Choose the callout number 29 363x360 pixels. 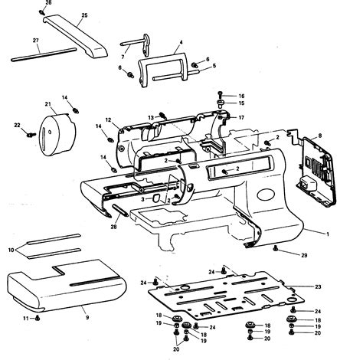304,254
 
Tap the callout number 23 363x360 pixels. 319,286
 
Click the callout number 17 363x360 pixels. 241,117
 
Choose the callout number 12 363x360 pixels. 109,119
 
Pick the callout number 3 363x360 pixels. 143,199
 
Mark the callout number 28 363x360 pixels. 113,227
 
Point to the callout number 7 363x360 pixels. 123,57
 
